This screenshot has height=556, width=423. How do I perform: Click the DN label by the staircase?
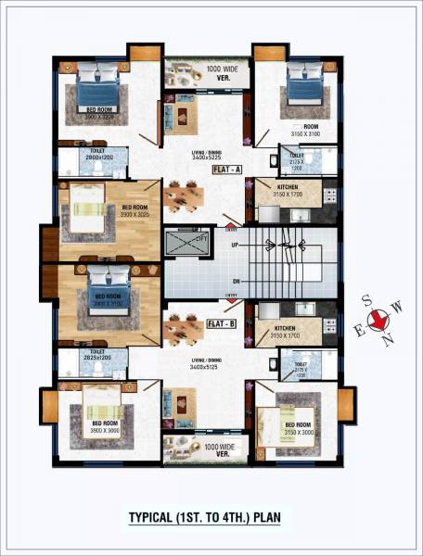(237, 281)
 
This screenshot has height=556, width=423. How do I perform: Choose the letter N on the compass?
(391, 339)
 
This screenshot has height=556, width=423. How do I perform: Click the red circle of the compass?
(378, 322)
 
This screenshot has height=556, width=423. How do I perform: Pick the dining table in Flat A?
(185, 196)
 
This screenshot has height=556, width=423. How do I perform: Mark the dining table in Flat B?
(185, 327)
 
